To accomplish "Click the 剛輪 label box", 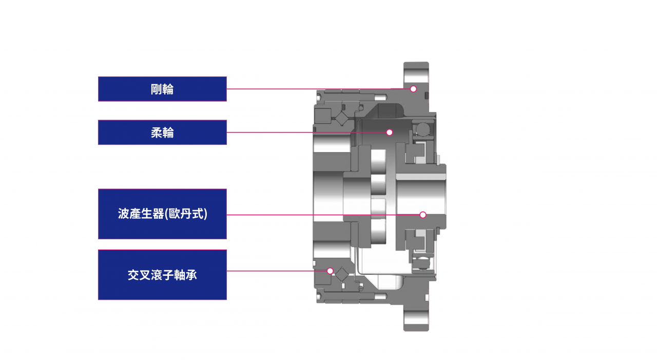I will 162,89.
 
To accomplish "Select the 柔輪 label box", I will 162,132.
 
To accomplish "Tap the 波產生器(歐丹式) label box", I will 162,214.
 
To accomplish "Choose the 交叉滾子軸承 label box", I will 162,275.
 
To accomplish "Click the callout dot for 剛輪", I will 413,89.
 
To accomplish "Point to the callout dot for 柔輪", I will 389,132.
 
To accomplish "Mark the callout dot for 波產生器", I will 423,215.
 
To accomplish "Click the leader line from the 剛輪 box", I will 318,89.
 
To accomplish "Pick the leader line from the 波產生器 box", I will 323,215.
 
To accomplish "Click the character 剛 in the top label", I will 157,89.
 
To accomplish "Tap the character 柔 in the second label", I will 157,133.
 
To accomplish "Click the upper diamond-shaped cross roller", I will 342,119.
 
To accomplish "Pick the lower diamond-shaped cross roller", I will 342,275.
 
